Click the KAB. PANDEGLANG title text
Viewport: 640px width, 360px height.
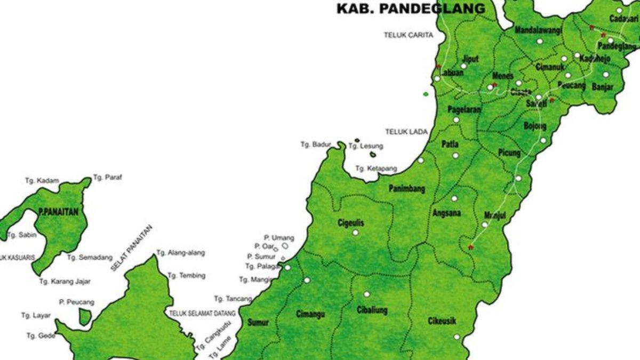(411, 9)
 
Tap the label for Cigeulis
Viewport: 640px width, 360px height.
(351, 223)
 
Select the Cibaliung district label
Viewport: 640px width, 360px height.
(372, 310)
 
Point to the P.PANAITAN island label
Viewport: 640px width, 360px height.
(58, 212)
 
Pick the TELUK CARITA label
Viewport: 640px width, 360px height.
(409, 35)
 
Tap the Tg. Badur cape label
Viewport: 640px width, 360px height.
(316, 145)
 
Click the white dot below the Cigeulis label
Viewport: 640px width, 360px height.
(355, 233)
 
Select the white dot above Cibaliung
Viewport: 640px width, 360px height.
(366, 294)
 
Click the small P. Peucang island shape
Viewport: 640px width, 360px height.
(85, 317)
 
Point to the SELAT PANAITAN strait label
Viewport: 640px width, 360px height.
(131, 249)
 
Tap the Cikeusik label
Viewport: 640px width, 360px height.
(442, 322)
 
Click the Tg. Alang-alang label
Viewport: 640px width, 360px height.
(180, 253)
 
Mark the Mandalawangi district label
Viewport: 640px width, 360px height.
(538, 30)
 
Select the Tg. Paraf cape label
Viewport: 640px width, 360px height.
(108, 178)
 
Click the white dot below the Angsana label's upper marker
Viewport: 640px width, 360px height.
(454, 198)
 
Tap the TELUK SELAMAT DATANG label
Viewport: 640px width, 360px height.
(202, 314)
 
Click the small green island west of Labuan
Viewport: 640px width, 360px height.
(426, 94)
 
